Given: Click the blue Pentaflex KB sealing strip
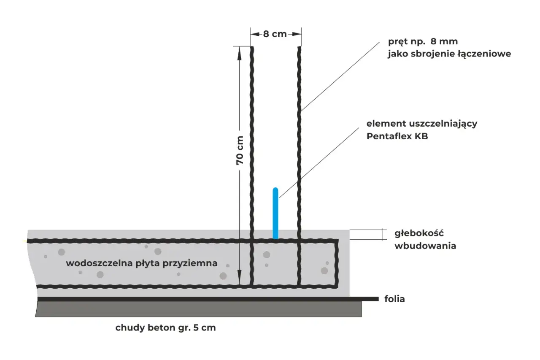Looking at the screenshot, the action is tap(275, 213).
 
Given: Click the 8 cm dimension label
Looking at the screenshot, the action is tap(275, 34).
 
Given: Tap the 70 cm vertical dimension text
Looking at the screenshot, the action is tap(240, 151).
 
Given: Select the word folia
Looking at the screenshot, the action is tap(394, 299).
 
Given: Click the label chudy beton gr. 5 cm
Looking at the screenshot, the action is tap(166, 328).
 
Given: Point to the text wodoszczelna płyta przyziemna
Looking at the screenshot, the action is tap(142, 263).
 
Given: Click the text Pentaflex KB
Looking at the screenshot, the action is tap(397, 136).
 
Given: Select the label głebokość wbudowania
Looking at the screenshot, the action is tap(425, 239).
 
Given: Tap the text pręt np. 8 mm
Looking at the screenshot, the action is tap(423, 42).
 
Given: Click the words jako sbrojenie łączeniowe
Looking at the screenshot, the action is tap(449, 54).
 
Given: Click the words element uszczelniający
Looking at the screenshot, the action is tap(422, 124).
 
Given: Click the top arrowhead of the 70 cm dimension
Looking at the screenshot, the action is tap(239, 54).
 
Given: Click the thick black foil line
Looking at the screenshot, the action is tap(208, 299).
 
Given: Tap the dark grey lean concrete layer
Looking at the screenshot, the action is tap(198, 309).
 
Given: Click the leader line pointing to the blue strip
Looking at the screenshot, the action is tap(319, 163).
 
